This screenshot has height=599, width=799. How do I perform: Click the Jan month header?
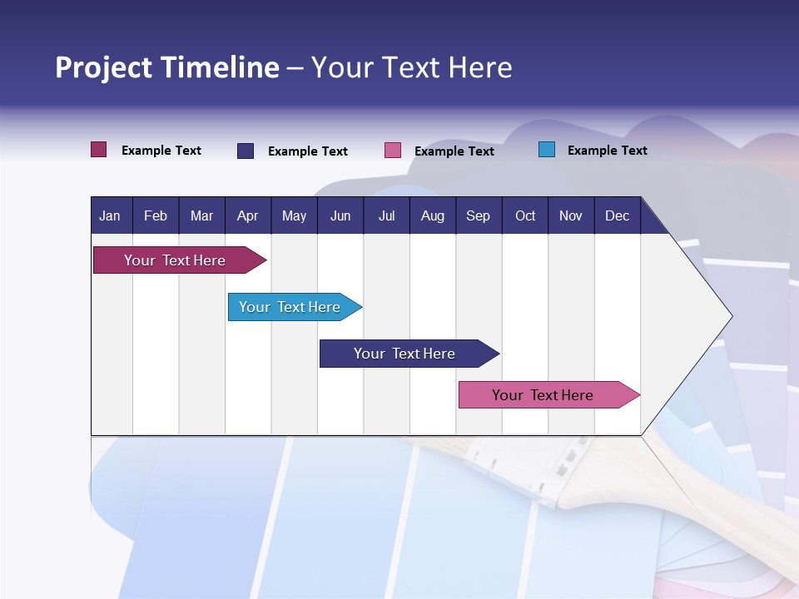[110, 215]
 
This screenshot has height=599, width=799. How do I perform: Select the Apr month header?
[248, 215]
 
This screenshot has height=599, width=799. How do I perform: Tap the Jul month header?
[386, 215]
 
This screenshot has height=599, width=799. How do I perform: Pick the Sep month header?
[478, 215]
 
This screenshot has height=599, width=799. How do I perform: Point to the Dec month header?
[617, 215]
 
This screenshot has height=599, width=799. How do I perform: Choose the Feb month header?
[156, 215]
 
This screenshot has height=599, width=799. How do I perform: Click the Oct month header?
[525, 215]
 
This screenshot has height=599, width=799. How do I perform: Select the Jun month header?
[340, 215]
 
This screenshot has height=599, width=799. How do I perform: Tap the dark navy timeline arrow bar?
[405, 354]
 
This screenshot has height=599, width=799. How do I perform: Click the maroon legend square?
[99, 150]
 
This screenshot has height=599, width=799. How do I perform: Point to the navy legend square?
[246, 151]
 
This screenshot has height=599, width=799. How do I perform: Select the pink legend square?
[393, 151]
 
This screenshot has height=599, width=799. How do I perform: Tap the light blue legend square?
[547, 150]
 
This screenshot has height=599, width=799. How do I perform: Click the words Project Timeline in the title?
[166, 67]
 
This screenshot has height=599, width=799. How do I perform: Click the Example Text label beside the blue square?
[607, 150]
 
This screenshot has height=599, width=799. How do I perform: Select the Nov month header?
[571, 215]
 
